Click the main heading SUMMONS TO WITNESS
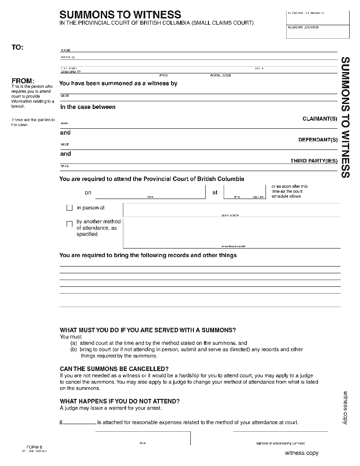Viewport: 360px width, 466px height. [120, 15]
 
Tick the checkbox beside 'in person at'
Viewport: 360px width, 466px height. [69, 208]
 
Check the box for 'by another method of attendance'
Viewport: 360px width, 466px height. [69, 224]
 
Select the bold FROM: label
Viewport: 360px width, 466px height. [22, 81]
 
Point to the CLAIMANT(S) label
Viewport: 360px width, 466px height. [319, 119]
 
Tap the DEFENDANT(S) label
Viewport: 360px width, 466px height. [318, 140]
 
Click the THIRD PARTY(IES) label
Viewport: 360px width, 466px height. [314, 161]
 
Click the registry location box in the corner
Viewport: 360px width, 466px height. [318, 32]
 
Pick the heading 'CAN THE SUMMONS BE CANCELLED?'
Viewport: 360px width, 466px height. [114, 369]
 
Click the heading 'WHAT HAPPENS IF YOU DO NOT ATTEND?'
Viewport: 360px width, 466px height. [120, 401]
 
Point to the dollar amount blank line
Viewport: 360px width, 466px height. [79, 423]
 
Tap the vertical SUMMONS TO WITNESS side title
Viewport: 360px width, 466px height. [345, 117]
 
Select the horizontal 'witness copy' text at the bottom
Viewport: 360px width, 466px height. [301, 453]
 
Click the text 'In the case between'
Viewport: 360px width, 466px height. [88, 107]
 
